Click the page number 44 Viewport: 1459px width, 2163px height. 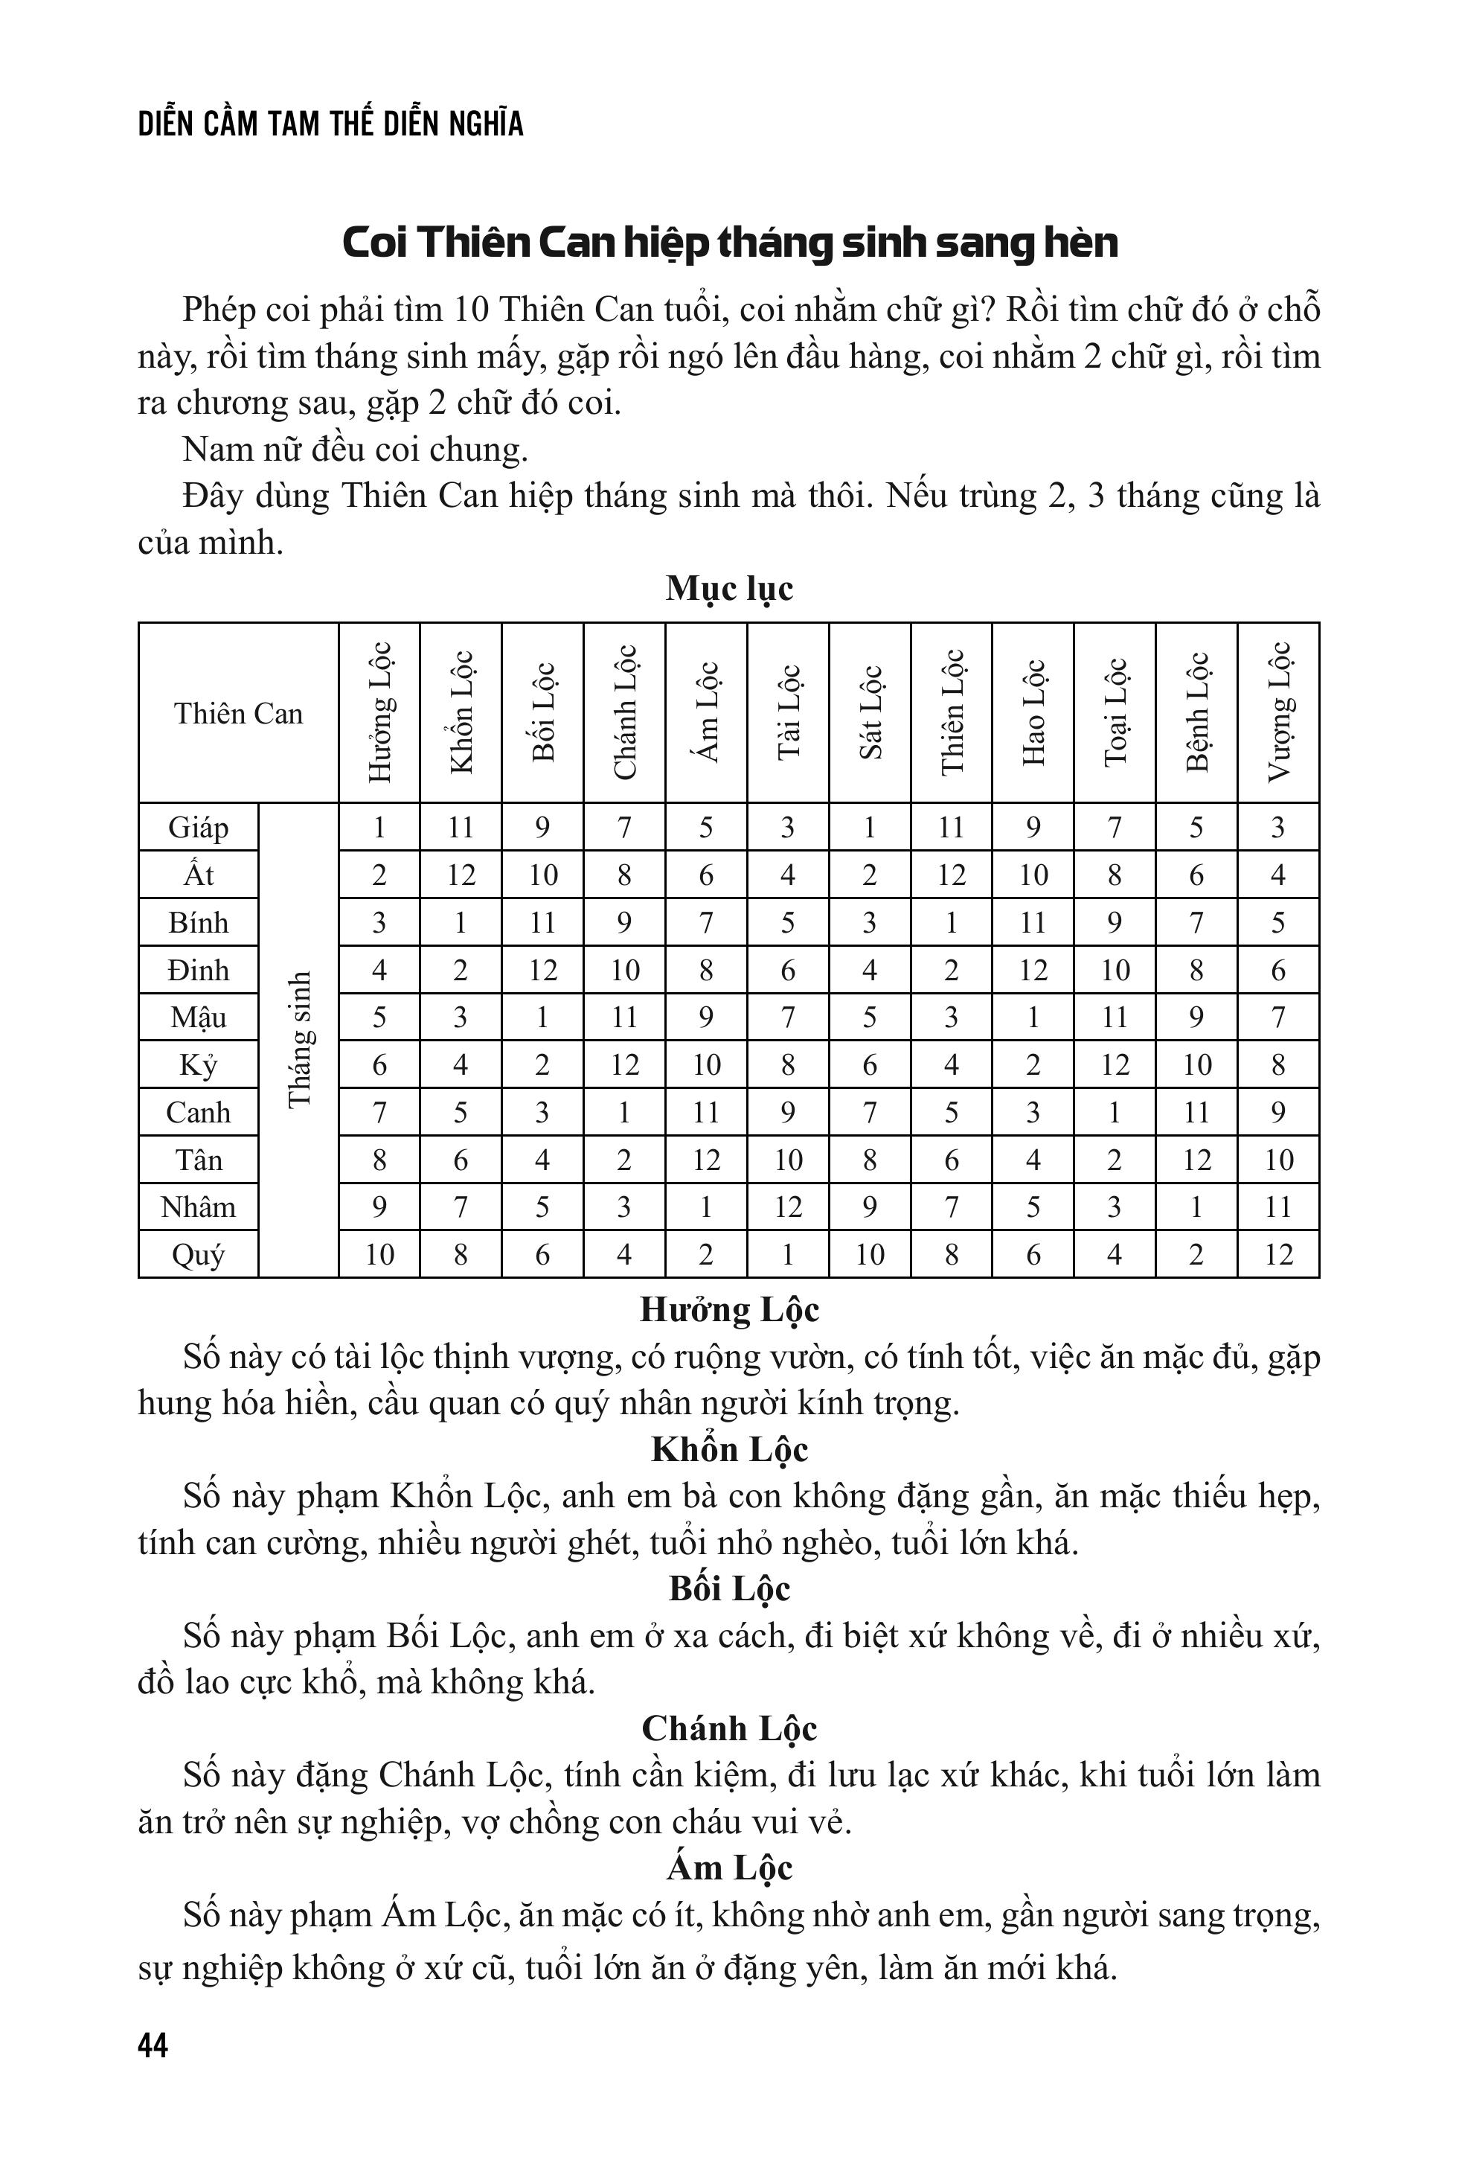coord(153,2045)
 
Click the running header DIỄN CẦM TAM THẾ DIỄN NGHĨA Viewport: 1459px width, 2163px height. coord(330,124)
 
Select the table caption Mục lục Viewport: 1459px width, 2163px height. coord(728,588)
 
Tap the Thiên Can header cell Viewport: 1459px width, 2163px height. coord(238,713)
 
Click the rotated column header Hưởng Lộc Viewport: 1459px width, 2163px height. coord(379,712)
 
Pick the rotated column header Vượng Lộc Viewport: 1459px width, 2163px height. coord(1278,712)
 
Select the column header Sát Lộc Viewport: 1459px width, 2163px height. coord(869,712)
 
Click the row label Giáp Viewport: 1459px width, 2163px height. coord(198,828)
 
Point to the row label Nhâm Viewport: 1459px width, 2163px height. coord(198,1207)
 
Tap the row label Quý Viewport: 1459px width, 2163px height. coord(198,1255)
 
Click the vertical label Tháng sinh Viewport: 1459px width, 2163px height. coord(298,1040)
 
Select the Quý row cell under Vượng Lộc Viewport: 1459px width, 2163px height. coord(1278,1255)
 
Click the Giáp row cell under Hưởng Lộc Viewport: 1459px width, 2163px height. coord(379,828)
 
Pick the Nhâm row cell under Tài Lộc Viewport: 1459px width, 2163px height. coord(787,1207)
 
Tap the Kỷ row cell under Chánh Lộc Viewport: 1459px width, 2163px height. coord(624,1064)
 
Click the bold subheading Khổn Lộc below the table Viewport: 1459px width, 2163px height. coord(728,1449)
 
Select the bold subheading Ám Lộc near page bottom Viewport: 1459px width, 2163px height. coord(728,1868)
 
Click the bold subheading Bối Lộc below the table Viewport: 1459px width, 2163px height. coord(728,1588)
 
